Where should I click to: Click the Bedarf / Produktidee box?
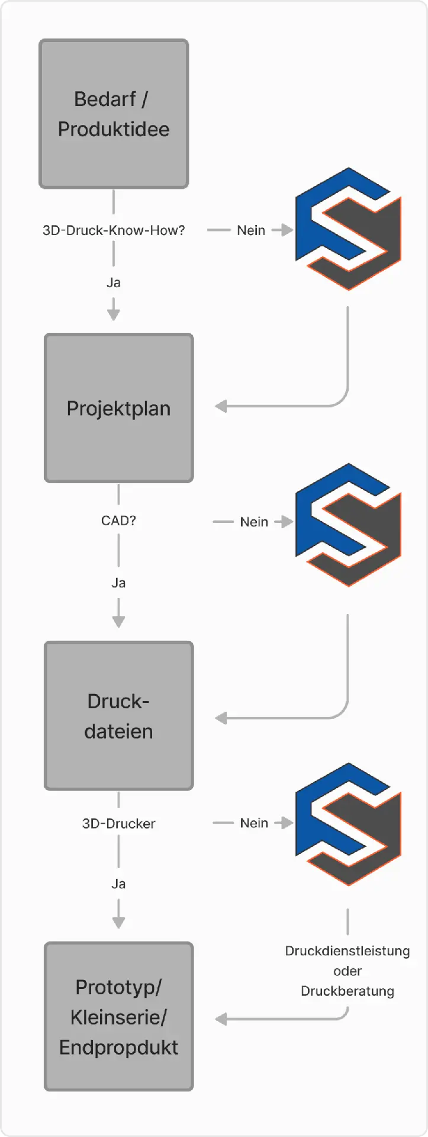(x=114, y=114)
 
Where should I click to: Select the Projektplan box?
(x=118, y=408)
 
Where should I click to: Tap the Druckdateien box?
(x=118, y=716)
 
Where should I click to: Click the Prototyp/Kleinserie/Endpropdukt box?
(x=118, y=1017)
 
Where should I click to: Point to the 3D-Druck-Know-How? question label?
(x=114, y=230)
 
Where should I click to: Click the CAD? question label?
(x=118, y=521)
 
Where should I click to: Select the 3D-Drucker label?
(x=118, y=824)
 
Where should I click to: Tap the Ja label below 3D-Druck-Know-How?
(x=114, y=282)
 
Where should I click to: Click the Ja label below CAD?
(x=118, y=583)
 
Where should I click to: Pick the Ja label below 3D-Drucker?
(x=118, y=884)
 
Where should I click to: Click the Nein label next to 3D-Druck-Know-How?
(x=251, y=230)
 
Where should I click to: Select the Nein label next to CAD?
(x=254, y=522)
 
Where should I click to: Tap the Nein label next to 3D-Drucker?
(x=254, y=823)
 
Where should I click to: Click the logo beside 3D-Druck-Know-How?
(x=348, y=229)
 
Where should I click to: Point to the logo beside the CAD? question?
(x=348, y=525)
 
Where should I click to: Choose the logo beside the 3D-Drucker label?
(x=348, y=824)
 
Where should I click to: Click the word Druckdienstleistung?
(x=347, y=951)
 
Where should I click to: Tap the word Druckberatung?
(x=347, y=991)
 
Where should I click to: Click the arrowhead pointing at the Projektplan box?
(x=221, y=406)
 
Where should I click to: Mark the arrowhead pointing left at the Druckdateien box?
(x=221, y=718)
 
